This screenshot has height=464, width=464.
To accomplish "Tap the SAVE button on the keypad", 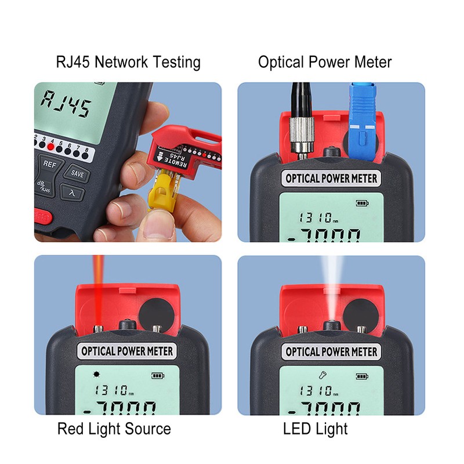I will pyautogui.click(x=77, y=173).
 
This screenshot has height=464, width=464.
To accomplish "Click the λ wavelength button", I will pyautogui.click(x=72, y=193).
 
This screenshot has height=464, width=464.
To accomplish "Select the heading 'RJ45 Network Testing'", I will pyautogui.click(x=128, y=62).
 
